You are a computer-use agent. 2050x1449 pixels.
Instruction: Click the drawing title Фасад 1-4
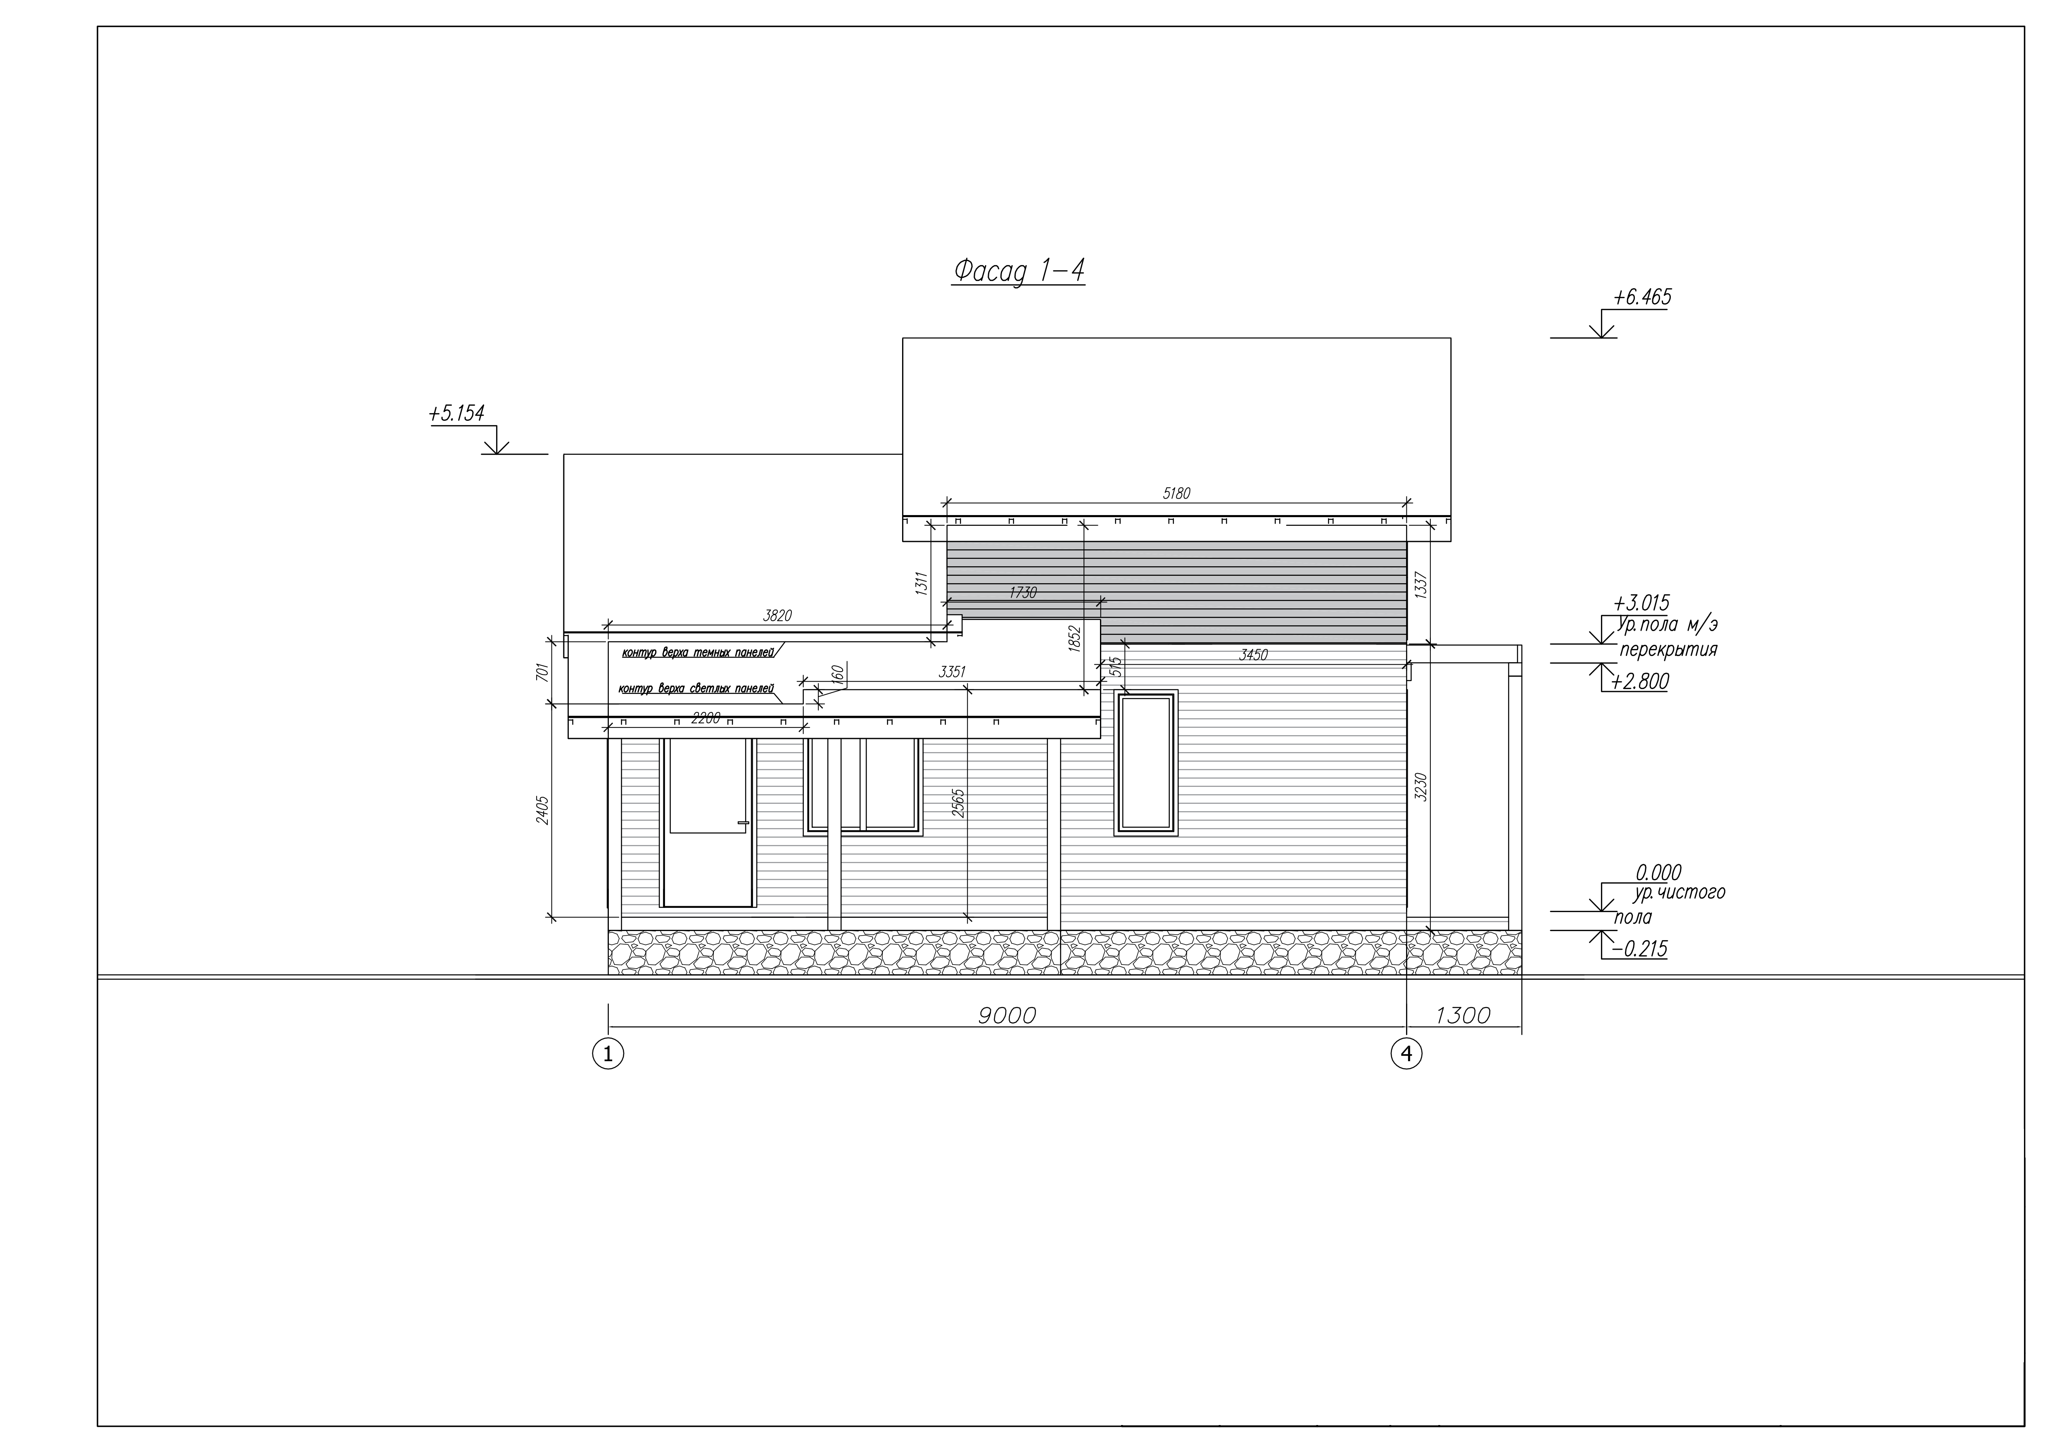[1019, 271]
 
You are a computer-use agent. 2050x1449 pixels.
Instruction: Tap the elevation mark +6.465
[1642, 297]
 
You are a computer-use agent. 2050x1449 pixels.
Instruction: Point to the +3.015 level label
[1641, 603]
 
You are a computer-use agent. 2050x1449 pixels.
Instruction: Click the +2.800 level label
[1640, 682]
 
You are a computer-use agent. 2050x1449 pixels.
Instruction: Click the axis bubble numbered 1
[608, 1055]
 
